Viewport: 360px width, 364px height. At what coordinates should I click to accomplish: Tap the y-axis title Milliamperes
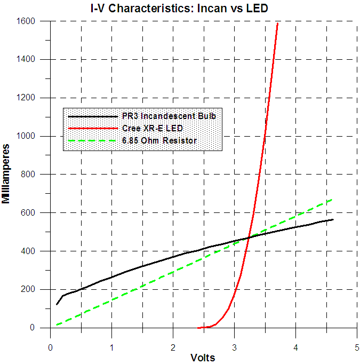click(x=7, y=173)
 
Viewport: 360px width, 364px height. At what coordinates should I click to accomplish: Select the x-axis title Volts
click(x=203, y=358)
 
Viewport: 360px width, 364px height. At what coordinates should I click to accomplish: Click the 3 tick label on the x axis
click(x=234, y=347)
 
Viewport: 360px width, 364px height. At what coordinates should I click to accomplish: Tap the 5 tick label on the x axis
click(x=357, y=347)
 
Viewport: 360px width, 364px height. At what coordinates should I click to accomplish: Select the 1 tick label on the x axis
click(x=111, y=347)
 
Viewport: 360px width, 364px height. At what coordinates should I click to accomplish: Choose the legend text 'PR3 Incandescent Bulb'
click(x=169, y=116)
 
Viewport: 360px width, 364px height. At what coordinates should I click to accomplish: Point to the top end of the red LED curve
click(x=277, y=23)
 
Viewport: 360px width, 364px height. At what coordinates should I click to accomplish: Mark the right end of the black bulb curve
click(x=332, y=219)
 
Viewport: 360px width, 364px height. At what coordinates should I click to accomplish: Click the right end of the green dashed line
click(x=332, y=200)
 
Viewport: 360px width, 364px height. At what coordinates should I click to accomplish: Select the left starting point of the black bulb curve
click(x=57, y=304)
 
